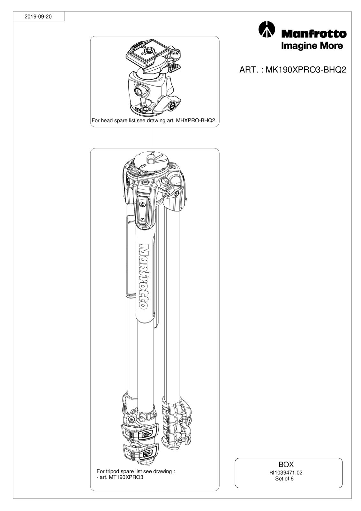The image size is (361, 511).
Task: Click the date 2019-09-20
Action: tap(38, 17)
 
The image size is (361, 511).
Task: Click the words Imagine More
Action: tap(312, 46)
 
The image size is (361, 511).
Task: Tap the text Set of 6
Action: tap(284, 479)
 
